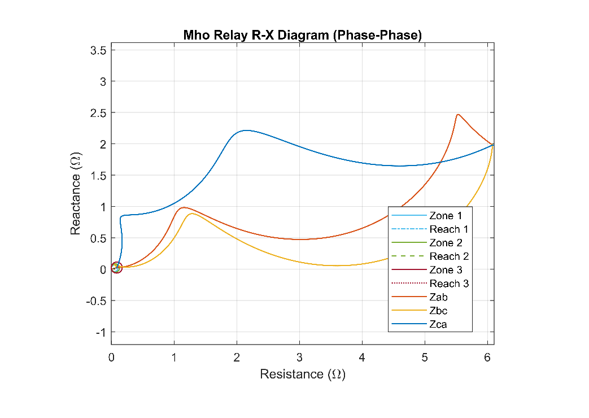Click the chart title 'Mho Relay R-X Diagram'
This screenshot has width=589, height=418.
[x=303, y=35]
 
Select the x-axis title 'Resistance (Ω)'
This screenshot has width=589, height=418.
[x=303, y=374]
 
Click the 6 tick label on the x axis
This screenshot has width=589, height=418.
[x=487, y=357]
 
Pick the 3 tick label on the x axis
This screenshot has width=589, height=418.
[x=299, y=357]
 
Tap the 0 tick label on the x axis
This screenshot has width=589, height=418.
[x=111, y=357]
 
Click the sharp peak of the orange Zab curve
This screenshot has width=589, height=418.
[x=458, y=115]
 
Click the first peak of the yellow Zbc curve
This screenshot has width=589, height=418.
[x=192, y=214]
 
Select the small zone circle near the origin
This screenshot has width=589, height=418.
[x=116, y=268]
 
